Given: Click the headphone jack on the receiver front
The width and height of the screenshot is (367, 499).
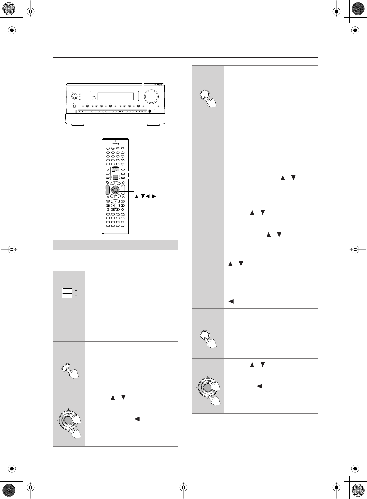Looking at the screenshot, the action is (x=150, y=111).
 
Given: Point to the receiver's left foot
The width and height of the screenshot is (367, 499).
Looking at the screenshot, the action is (x=77, y=125).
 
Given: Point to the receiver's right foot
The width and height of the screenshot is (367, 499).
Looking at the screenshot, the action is (x=153, y=125).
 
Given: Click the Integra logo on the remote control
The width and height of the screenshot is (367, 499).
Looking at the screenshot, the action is (x=115, y=143).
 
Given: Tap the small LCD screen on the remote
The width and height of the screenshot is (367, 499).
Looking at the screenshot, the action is (x=115, y=170).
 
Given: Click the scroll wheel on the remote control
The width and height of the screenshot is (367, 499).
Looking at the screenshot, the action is (x=115, y=177).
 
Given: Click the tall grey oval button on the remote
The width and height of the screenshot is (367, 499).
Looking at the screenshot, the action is (x=108, y=189).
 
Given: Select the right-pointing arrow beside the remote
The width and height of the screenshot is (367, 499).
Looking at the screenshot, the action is (x=154, y=196).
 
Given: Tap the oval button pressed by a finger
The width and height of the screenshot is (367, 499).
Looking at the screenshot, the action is (x=66, y=368).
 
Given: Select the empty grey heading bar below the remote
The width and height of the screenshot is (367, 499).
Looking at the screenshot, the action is (x=115, y=245).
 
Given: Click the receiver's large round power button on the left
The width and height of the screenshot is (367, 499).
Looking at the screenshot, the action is (x=74, y=96).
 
